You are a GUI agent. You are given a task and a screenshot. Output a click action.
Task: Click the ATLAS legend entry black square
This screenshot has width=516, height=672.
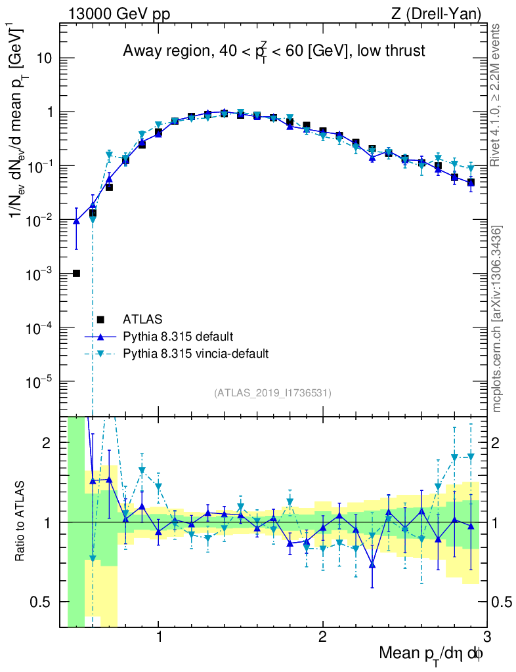(x=101, y=320)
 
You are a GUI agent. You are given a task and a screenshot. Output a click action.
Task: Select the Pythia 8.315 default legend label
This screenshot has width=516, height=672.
(x=177, y=337)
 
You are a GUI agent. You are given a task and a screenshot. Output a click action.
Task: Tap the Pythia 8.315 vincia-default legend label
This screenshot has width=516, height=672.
(x=195, y=354)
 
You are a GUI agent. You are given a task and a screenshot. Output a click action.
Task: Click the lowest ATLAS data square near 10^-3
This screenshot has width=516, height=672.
(x=76, y=273)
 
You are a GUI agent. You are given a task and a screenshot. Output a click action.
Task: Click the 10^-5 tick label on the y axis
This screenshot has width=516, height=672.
(x=38, y=381)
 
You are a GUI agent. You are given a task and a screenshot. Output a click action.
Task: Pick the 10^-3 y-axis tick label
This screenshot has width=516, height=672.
(x=38, y=274)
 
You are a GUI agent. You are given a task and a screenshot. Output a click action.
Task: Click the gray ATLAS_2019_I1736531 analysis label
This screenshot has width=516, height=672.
(x=272, y=393)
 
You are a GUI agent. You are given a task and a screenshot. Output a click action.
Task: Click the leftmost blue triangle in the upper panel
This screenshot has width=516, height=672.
(x=77, y=221)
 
